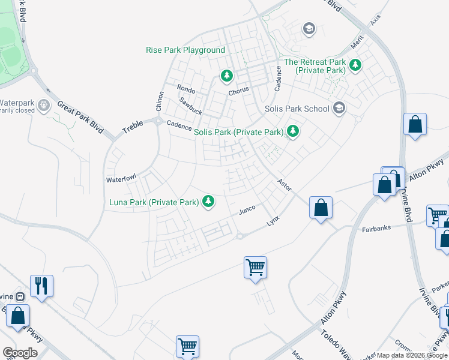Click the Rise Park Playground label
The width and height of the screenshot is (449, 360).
185,50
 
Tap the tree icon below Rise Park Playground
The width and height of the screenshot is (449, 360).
226,76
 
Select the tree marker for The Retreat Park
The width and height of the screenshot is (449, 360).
355,65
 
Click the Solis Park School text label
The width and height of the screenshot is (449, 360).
297,109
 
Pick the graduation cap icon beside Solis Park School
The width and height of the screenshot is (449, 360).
339,108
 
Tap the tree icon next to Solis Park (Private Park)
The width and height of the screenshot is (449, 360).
292,130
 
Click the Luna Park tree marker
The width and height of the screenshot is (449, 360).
208,201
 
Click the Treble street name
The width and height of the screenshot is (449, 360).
133,127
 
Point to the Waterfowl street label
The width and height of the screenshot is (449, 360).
122,179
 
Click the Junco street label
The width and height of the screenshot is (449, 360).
247,209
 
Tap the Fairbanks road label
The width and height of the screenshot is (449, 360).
376,229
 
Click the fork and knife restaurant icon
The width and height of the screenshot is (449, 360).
41,285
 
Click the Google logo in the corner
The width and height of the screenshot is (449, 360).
20,352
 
